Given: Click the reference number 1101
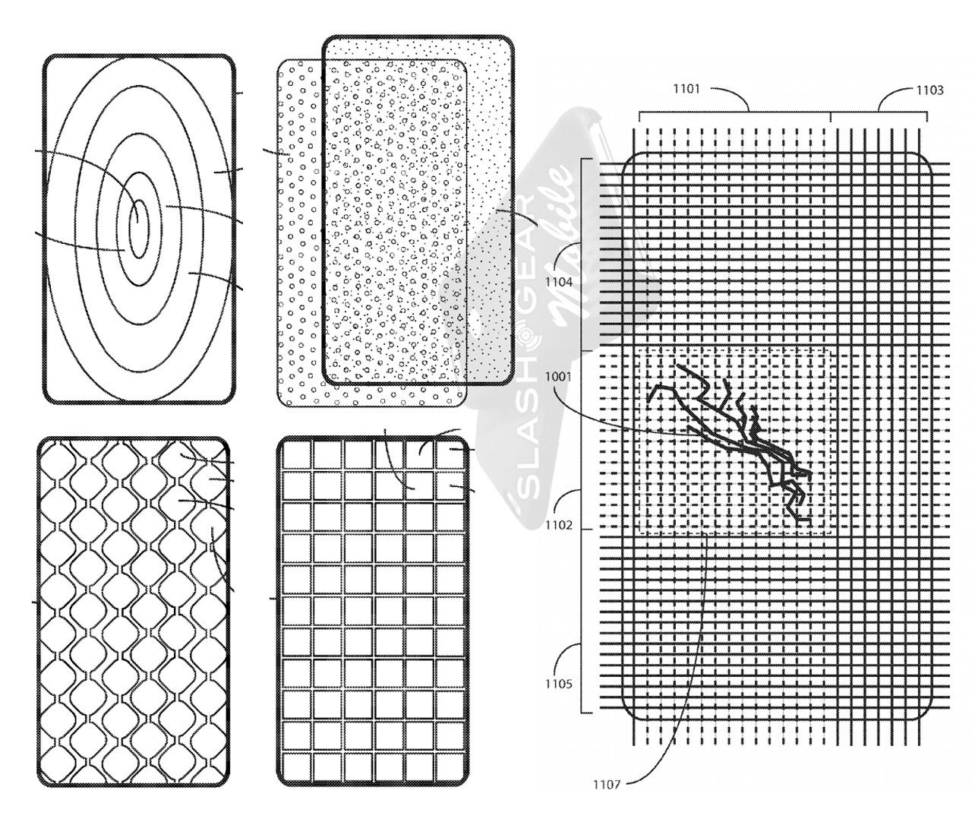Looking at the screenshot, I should click(x=686, y=90).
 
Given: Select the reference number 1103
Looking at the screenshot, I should click(x=929, y=90).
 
